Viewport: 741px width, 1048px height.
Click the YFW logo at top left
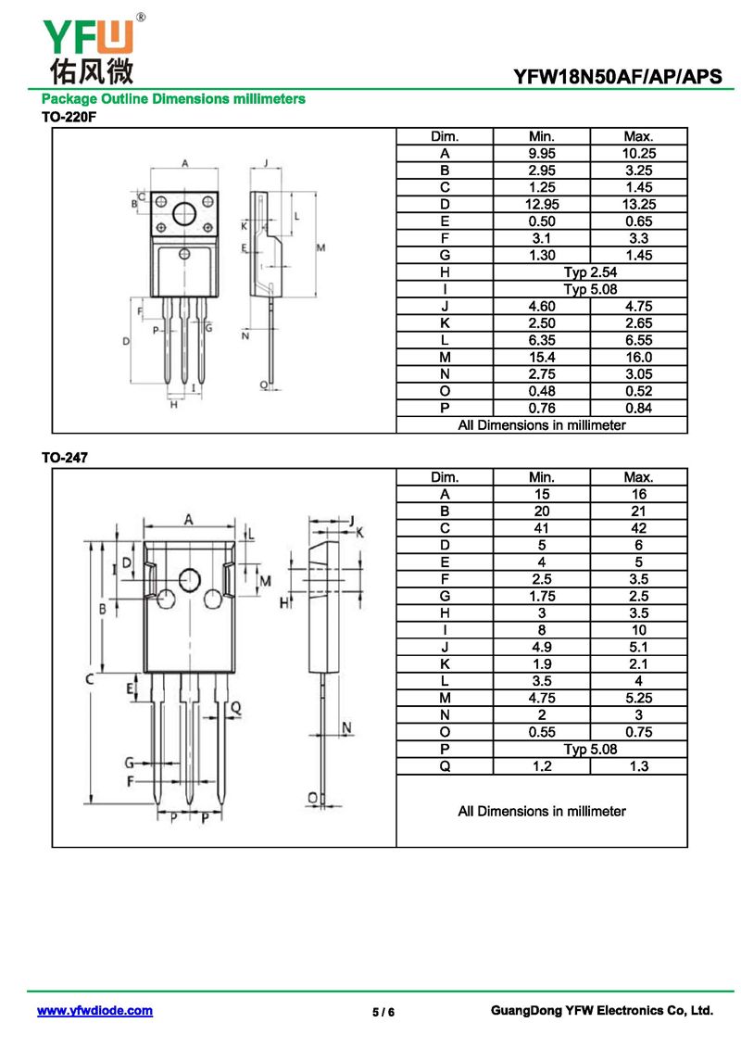[88, 46]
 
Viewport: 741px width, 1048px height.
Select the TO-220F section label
[69, 118]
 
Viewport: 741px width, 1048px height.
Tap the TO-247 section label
[64, 457]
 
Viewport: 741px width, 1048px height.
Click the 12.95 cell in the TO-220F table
[541, 204]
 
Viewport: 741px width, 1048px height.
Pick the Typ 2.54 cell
[590, 271]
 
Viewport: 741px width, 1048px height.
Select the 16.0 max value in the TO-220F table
[638, 357]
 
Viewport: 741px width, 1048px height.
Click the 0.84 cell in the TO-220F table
[638, 408]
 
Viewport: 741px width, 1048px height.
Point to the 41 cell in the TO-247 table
[541, 528]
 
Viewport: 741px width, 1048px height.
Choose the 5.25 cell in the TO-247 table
[638, 698]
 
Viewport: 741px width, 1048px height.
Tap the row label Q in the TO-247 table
[445, 765]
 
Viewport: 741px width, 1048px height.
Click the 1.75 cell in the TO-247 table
[541, 596]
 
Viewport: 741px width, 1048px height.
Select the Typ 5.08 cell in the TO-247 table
[590, 749]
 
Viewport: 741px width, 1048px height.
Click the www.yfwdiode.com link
[94, 1011]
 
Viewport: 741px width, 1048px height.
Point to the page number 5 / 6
[383, 1012]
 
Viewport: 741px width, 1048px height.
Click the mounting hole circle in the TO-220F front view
[185, 211]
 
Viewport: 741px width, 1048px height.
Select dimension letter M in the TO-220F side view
[320, 248]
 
